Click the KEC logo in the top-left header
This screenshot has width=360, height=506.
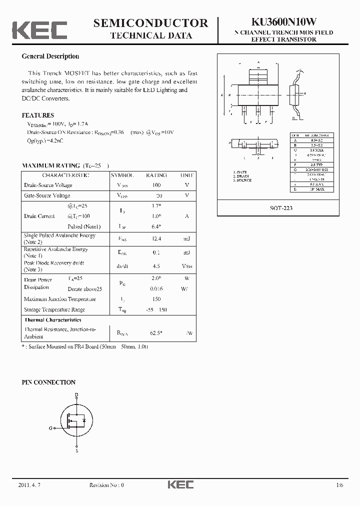(x=39, y=29)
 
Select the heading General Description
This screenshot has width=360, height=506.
(x=50, y=56)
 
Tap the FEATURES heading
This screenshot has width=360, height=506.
(x=38, y=115)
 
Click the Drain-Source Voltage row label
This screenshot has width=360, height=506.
(x=48, y=185)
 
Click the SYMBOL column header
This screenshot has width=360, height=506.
(x=122, y=175)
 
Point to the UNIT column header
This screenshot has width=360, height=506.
(x=186, y=175)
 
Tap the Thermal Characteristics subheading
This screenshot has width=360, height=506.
(x=52, y=319)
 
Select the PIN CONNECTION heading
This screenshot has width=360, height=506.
(x=48, y=382)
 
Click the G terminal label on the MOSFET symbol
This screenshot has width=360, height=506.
(x=50, y=428)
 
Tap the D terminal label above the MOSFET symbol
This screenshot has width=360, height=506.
(x=76, y=395)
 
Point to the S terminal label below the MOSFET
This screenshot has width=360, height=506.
(x=76, y=451)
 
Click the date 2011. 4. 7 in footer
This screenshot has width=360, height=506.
(x=29, y=485)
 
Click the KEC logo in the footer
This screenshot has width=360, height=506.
(x=179, y=484)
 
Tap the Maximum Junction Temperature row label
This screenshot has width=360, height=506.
(x=59, y=299)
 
